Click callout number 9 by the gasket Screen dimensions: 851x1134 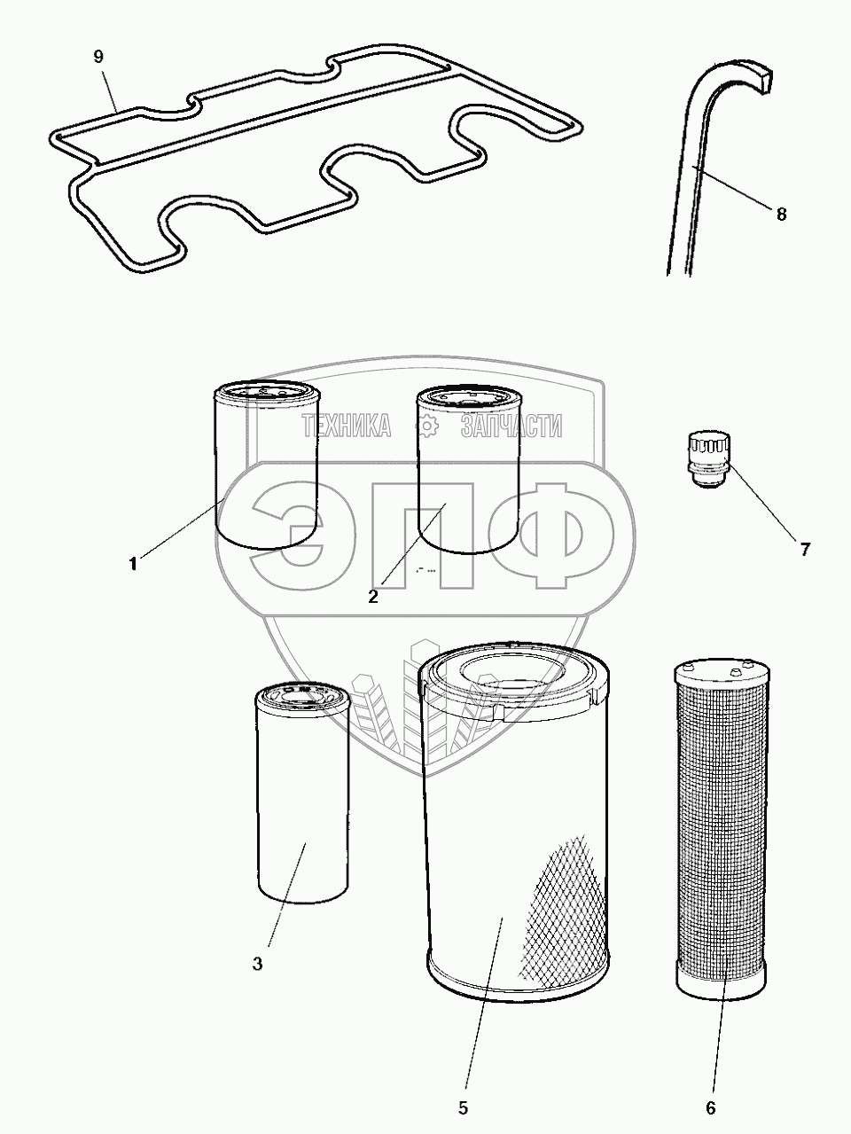(x=98, y=57)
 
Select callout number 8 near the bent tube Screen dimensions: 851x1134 (x=781, y=214)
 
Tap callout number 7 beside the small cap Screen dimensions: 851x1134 (x=805, y=549)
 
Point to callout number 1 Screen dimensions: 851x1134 (x=133, y=564)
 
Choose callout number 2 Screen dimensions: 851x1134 (x=373, y=597)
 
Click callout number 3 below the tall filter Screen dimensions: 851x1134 (x=258, y=964)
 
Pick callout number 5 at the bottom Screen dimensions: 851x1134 (x=463, y=1107)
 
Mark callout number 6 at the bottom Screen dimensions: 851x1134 (x=711, y=1107)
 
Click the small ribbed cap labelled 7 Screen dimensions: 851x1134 (x=709, y=460)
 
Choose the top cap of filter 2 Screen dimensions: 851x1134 (x=469, y=397)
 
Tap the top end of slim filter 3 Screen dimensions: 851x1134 (x=302, y=698)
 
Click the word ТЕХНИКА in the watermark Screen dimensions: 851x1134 (x=347, y=426)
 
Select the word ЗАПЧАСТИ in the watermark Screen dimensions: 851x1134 (x=511, y=426)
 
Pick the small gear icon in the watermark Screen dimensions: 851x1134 (x=426, y=426)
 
